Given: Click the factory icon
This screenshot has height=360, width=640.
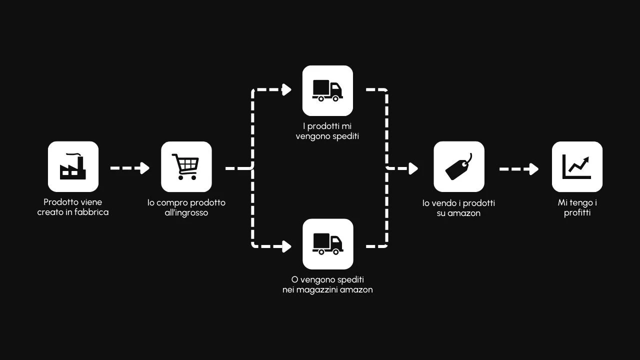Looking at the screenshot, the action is coord(73,166).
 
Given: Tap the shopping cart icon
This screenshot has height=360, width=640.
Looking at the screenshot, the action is coord(186,166).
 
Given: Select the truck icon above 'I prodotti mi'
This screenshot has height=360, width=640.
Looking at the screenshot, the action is coord(327,90).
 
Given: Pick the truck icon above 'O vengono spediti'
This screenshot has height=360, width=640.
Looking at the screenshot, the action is coord(327,244).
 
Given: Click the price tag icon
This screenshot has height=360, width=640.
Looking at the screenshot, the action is coord(458,166).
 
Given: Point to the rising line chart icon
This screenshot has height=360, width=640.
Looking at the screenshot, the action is coord(577,166).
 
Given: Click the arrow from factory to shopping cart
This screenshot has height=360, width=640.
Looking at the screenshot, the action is coord(130,168).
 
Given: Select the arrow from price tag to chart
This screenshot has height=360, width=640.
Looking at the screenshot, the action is coord(519,169).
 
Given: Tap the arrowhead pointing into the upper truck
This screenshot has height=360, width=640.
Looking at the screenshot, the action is coord(287,90).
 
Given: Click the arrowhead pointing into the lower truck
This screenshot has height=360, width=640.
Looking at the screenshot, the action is coord(287,246).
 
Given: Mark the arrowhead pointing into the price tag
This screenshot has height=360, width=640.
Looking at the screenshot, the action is coord(413,168).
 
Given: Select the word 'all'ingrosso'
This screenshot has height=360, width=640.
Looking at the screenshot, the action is coord(186,213).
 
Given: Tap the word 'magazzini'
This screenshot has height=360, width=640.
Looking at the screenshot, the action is coord(317,290).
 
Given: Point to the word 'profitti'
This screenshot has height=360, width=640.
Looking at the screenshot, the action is coord(577,213).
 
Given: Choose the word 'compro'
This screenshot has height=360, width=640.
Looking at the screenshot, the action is coord(172,203).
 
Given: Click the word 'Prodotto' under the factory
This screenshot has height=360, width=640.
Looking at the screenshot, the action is coord(61,202).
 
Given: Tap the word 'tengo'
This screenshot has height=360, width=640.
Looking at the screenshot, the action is coord(581,203).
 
